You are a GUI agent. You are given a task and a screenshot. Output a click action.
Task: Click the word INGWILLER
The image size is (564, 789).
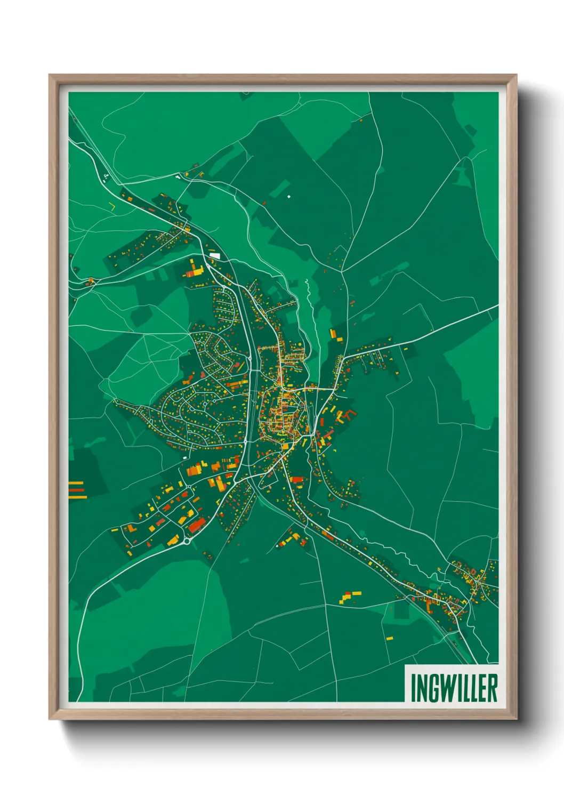click(454, 688)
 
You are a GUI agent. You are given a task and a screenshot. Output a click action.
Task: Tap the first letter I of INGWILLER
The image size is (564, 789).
click(413, 688)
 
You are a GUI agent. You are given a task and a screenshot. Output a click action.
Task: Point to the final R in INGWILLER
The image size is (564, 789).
click(493, 688)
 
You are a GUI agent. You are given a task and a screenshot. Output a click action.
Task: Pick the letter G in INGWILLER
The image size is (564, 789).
click(433, 688)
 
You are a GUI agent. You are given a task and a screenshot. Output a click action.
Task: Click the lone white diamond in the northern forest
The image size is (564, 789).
click(289, 197)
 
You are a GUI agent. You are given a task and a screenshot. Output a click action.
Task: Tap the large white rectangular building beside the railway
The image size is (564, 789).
click(215, 256)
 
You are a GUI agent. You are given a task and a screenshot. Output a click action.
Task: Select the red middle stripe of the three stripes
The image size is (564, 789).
click(76, 490)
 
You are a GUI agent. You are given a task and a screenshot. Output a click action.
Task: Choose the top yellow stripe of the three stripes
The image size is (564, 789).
click(76, 483)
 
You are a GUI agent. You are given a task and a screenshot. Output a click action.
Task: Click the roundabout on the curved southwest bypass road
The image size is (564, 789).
click(187, 542)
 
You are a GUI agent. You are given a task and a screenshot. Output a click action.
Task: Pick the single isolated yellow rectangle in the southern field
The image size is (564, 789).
click(389, 638)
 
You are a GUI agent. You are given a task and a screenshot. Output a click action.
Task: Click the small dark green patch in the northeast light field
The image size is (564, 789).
click(470, 130)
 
